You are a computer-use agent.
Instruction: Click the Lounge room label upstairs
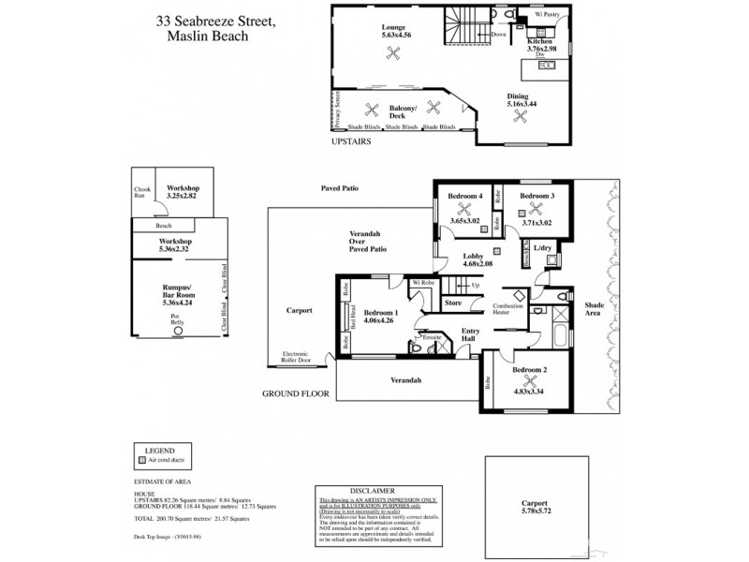[392, 28]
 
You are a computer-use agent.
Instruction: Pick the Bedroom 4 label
[465, 196]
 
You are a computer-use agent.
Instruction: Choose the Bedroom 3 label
[537, 196]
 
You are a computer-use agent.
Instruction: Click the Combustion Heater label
[507, 312]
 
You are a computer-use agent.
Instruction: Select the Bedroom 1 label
[381, 312]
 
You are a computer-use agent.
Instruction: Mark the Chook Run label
[141, 194]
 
